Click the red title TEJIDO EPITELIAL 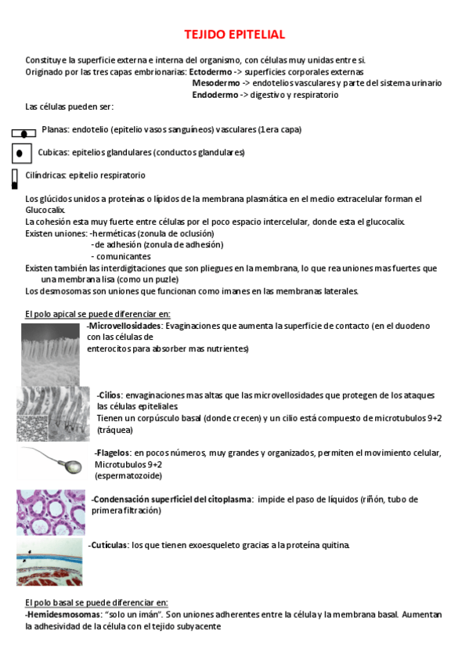click(234, 35)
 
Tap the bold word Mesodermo click(215, 83)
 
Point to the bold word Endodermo click(215, 95)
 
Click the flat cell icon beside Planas click(24, 132)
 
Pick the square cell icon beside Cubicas click(22, 153)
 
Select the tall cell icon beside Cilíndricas click(15, 179)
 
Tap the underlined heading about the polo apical click(98, 314)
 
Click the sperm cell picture click(51, 462)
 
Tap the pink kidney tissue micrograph click(51, 512)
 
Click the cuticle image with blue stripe click(50, 561)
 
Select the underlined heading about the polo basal click(96, 601)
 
